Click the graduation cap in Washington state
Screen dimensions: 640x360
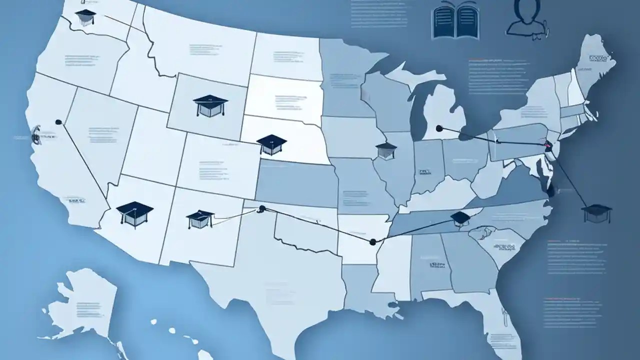click(x=85, y=17)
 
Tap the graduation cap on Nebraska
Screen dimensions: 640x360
click(x=271, y=144)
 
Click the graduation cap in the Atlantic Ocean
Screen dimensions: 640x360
click(x=596, y=212)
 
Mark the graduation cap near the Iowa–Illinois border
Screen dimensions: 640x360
click(x=386, y=150)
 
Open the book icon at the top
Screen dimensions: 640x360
click(x=455, y=21)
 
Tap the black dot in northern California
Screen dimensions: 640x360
click(x=58, y=121)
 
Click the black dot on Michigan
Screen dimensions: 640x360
click(x=439, y=128)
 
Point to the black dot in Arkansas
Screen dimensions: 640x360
click(x=372, y=242)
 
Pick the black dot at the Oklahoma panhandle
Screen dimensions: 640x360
click(x=261, y=208)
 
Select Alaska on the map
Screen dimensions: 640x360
click(x=85, y=305)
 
